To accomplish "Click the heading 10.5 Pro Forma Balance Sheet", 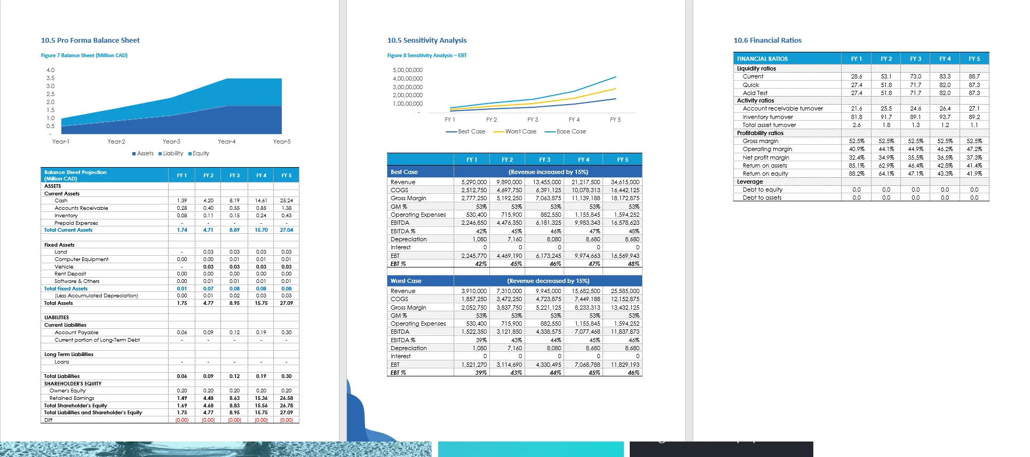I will [90, 41].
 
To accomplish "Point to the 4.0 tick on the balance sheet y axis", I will [50, 70].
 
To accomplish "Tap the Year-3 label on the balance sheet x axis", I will [171, 141].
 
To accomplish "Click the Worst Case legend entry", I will [520, 131].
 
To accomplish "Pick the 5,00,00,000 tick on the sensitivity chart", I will [407, 70].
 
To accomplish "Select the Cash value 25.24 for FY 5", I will [286, 201].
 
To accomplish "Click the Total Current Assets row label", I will [68, 230].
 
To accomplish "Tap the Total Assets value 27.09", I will [286, 303].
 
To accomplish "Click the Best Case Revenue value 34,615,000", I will [625, 182].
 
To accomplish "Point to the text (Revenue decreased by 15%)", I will [548, 281].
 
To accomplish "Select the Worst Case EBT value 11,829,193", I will [625, 365].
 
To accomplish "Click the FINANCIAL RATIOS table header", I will [762, 59].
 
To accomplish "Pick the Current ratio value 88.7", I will [974, 76].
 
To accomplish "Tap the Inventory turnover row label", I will [767, 117].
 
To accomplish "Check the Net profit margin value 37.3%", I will [974, 157].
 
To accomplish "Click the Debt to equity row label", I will [762, 190].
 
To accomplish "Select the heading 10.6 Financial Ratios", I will [767, 41].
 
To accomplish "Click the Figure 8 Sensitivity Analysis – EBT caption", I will [427, 56].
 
